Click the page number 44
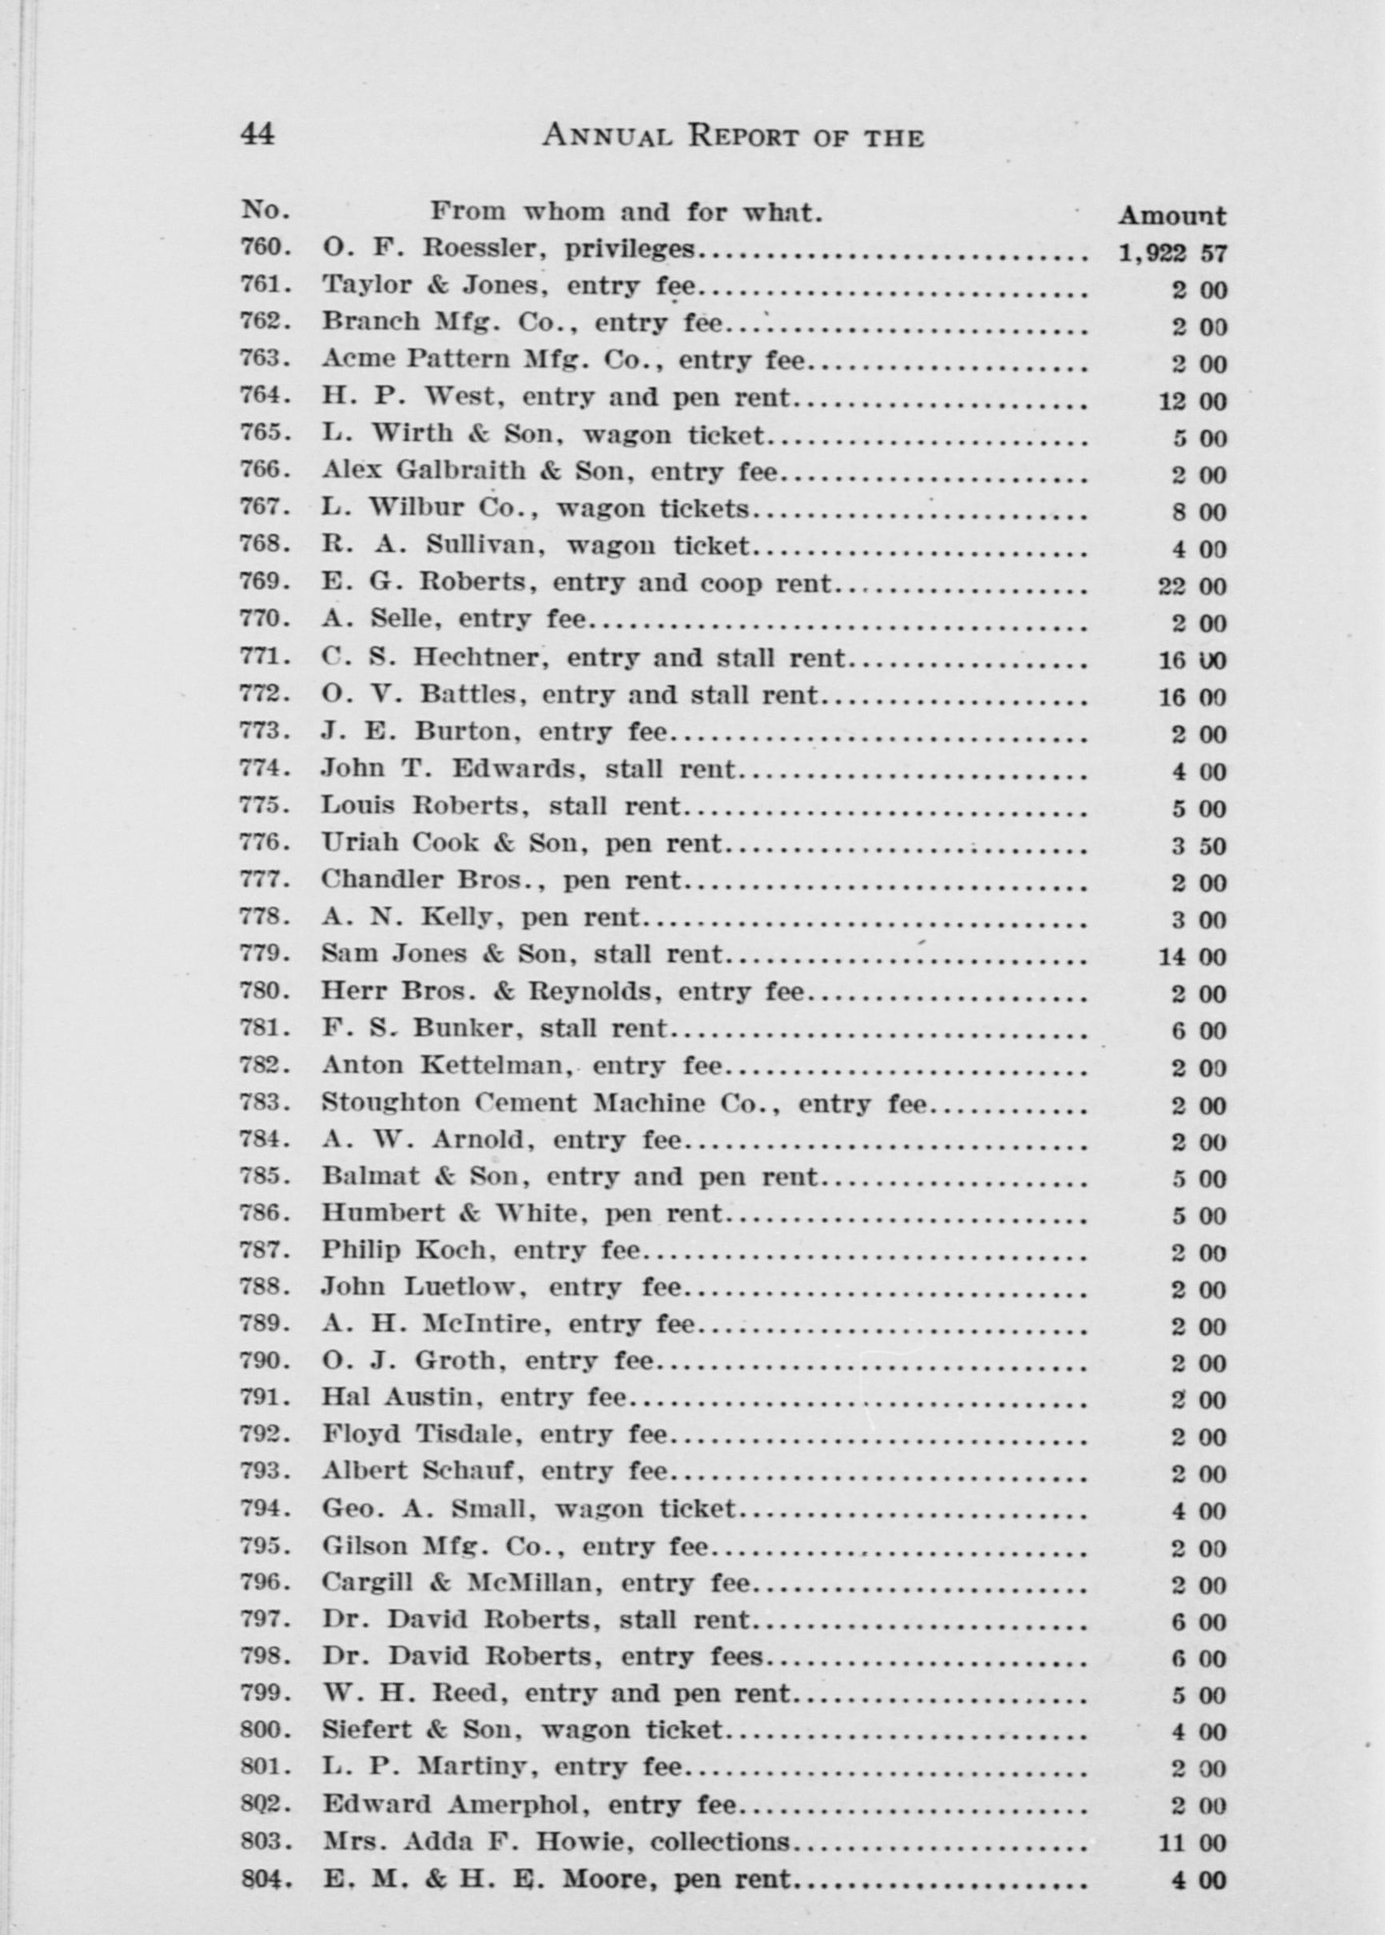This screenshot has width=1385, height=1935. pyautogui.click(x=257, y=134)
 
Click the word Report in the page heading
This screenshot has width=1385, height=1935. pyautogui.click(x=746, y=136)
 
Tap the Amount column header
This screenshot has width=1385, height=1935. pyautogui.click(x=1172, y=216)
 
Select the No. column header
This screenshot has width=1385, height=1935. pyautogui.click(x=266, y=209)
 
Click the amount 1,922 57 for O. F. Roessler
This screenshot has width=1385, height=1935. pyautogui.click(x=1172, y=253)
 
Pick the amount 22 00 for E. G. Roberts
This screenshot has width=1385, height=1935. pyautogui.click(x=1192, y=587)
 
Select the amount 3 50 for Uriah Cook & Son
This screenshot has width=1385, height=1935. pyautogui.click(x=1198, y=848)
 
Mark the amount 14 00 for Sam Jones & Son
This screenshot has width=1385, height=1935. pyautogui.click(x=1192, y=957)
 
